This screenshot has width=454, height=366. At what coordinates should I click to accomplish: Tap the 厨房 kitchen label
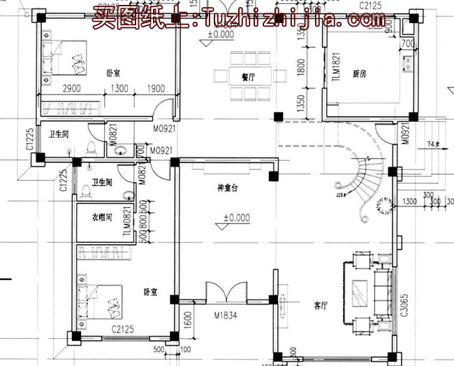(x=360, y=73)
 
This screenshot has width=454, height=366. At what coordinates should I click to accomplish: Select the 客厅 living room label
(x=321, y=306)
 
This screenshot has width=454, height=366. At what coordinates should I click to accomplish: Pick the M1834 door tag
(x=225, y=316)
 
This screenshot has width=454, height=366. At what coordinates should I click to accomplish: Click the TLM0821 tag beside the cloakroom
(x=127, y=223)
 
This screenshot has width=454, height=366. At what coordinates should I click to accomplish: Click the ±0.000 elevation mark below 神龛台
(x=237, y=218)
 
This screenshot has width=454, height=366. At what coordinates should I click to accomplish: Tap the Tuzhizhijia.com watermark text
(x=293, y=20)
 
